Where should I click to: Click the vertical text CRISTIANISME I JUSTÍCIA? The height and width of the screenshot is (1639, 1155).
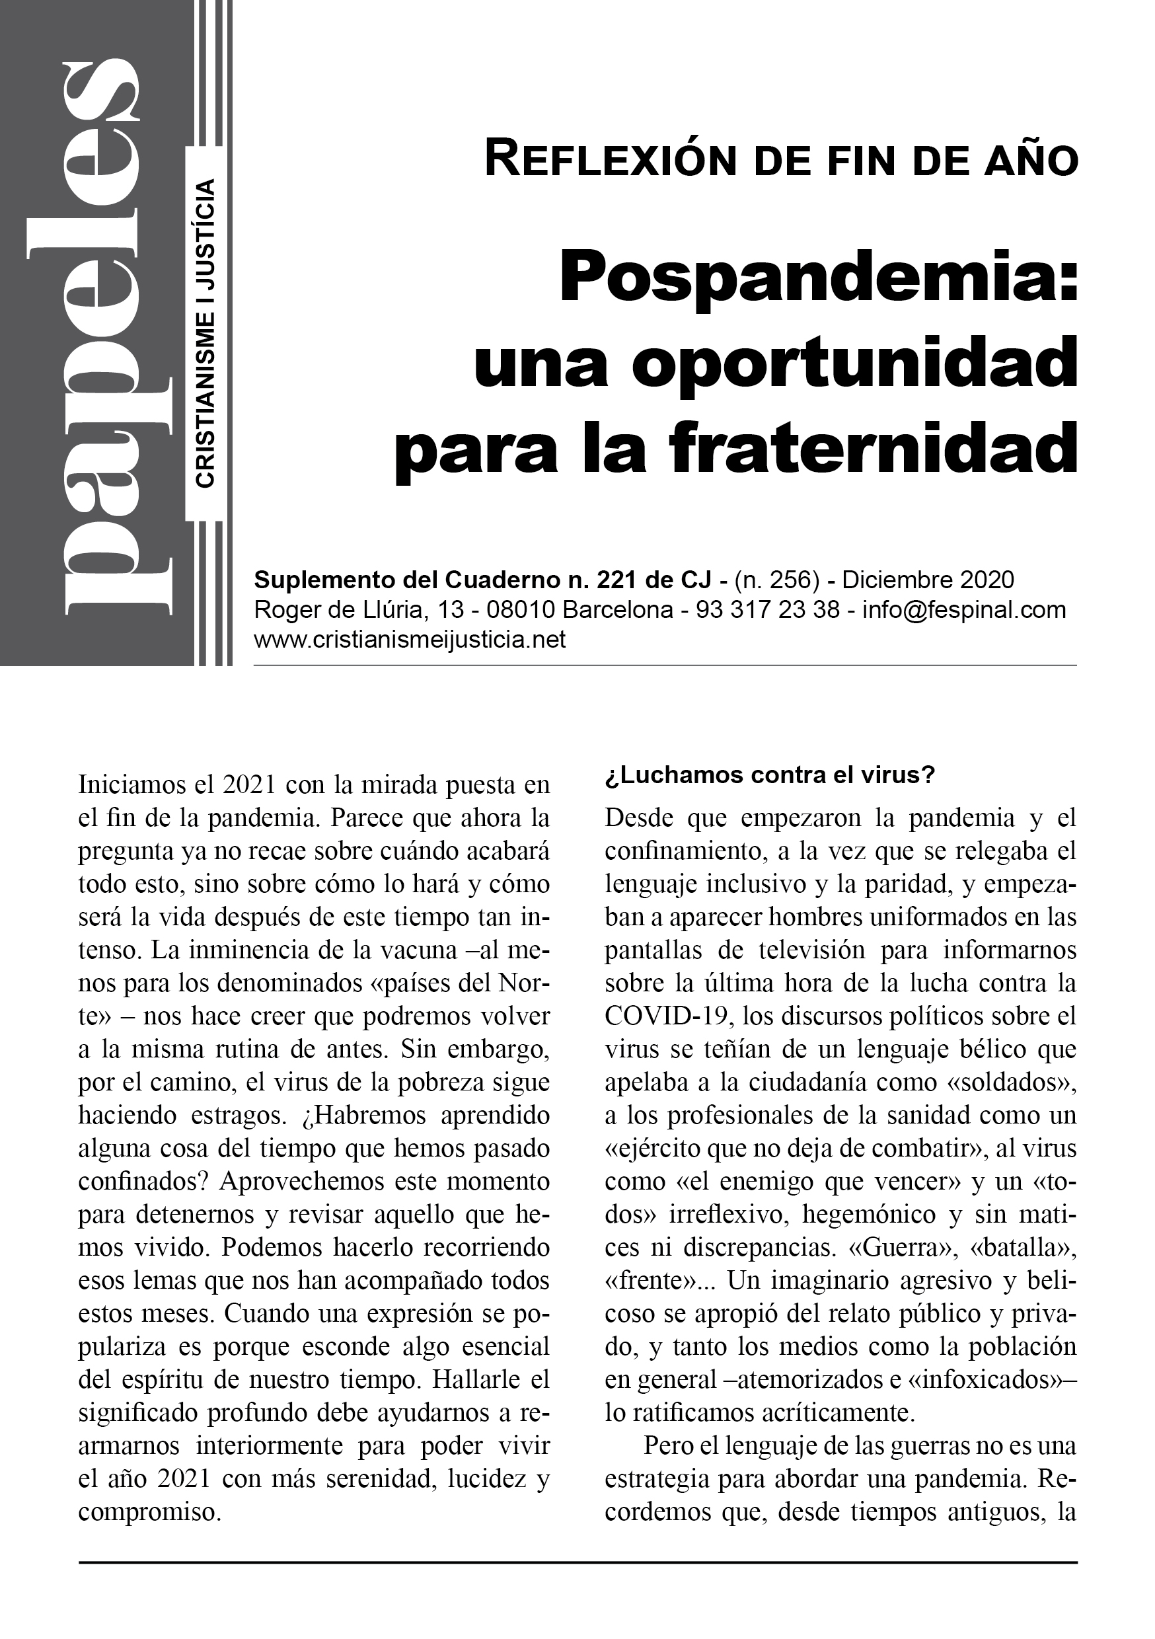click(205, 334)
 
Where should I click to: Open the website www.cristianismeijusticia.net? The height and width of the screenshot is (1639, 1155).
click(410, 640)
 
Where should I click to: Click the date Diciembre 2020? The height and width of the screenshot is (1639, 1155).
click(928, 579)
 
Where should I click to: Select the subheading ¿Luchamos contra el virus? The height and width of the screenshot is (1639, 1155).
click(770, 775)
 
